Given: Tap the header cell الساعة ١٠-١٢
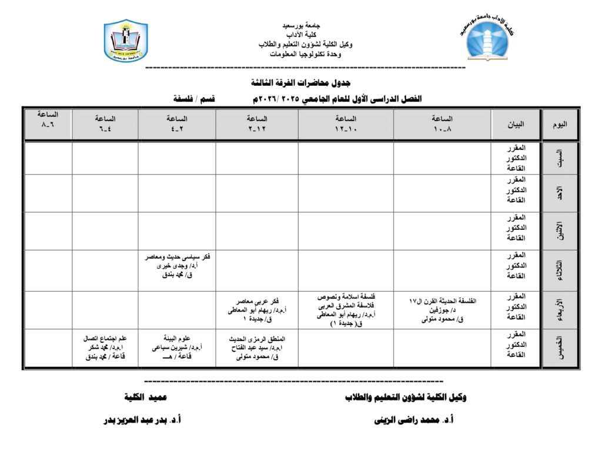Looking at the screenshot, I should (346, 124).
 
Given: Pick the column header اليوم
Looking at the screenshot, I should (560, 125).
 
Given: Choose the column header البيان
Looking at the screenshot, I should (516, 125).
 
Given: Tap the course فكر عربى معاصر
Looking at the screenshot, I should (257, 301).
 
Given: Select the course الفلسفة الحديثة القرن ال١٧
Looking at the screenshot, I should (442, 301).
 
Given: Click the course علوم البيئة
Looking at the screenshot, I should (177, 339).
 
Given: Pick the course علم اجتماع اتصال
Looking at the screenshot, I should (105, 339).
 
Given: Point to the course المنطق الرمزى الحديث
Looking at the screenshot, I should (257, 339).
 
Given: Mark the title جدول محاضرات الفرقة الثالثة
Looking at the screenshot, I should (300, 82).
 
